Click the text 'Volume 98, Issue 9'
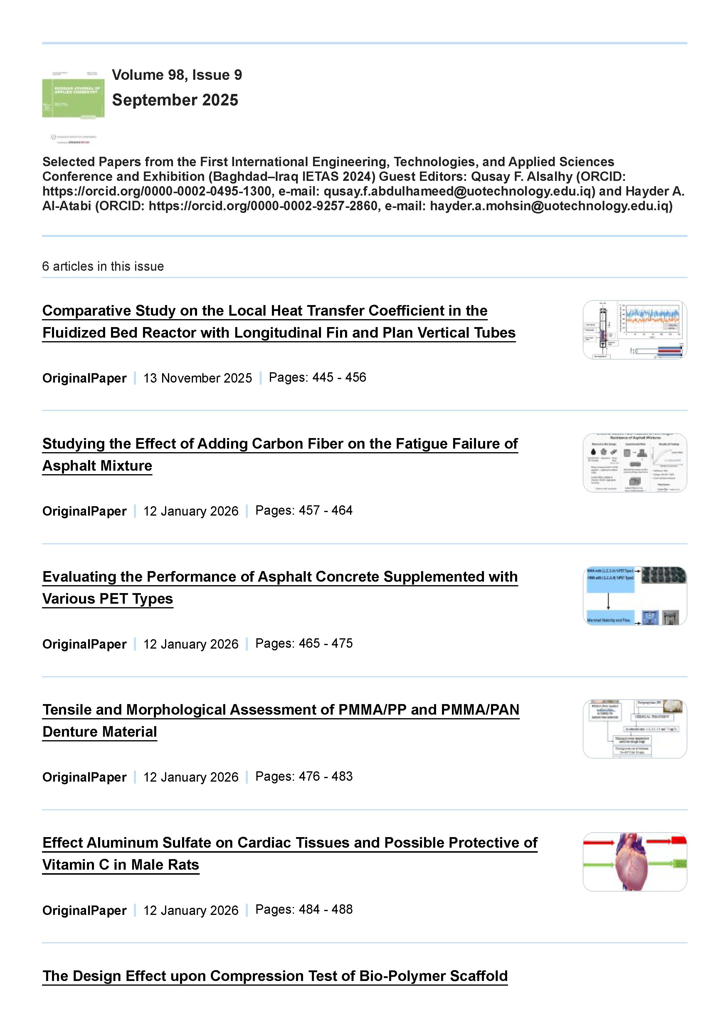tap(177, 75)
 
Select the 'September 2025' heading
tap(175, 100)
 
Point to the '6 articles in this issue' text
tap(103, 267)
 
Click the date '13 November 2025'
tap(197, 378)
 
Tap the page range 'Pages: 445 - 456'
tap(317, 378)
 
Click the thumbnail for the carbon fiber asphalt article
tap(634, 463)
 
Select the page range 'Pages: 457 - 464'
tap(304, 511)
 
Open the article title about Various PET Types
tap(280, 587)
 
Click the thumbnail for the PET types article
tap(634, 596)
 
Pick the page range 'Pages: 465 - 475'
tap(304, 643)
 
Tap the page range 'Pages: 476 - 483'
tap(304, 777)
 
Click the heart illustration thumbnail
tap(634, 862)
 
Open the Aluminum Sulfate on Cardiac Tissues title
tap(290, 853)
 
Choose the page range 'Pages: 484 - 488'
tap(304, 909)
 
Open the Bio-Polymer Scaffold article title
tap(275, 976)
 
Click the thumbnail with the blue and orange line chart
tap(634, 330)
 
